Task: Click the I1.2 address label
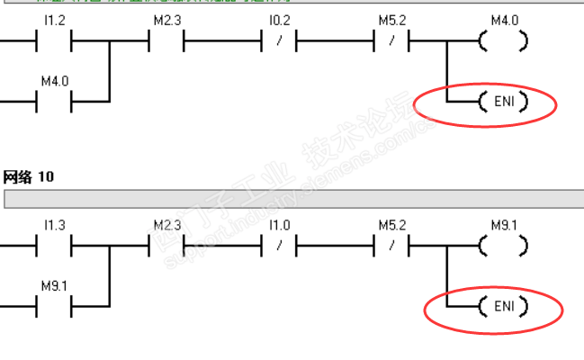tap(54, 20)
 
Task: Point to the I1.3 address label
tap(54, 224)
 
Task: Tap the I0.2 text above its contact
tap(280, 20)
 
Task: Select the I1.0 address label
tap(280, 224)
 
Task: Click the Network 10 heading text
tap(29, 177)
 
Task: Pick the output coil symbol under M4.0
tap(503, 40)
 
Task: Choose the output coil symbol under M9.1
tap(503, 245)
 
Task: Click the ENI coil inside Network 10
tap(503, 307)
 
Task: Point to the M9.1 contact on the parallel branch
tap(54, 307)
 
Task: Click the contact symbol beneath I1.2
tap(54, 40)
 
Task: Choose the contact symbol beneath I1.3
tap(54, 245)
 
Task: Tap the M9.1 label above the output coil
tap(504, 224)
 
